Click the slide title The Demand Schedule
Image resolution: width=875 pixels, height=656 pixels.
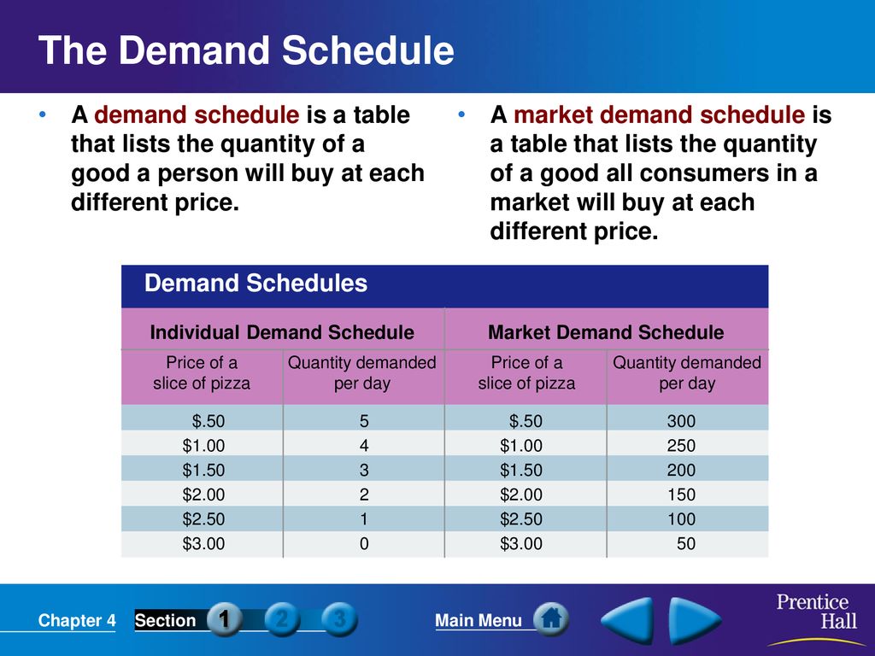pos(246,50)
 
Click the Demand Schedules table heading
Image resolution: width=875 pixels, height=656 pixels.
pos(255,283)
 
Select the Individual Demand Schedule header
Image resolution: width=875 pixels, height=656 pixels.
pos(282,332)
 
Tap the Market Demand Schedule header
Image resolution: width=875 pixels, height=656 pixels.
pos(606,332)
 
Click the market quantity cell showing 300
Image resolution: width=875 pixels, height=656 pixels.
pos(681,420)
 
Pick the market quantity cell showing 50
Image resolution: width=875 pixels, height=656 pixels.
pos(686,543)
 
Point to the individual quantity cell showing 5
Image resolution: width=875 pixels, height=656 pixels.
pos(364,420)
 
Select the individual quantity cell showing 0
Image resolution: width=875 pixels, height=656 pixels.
pos(364,543)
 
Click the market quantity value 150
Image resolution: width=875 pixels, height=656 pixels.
pos(681,495)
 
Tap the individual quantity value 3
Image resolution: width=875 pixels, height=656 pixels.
pos(364,470)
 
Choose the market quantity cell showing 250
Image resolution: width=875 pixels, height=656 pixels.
pos(681,445)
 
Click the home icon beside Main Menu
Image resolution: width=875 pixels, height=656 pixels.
pos(551,618)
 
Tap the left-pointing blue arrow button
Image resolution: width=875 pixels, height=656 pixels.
pos(628,620)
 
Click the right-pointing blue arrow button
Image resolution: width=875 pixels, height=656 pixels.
pos(694,620)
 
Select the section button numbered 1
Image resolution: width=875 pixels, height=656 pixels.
pos(225,619)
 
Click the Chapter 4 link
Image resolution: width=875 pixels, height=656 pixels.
pos(77,620)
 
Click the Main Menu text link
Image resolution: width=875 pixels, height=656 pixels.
pos(479,620)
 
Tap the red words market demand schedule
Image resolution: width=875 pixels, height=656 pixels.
pos(659,115)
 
